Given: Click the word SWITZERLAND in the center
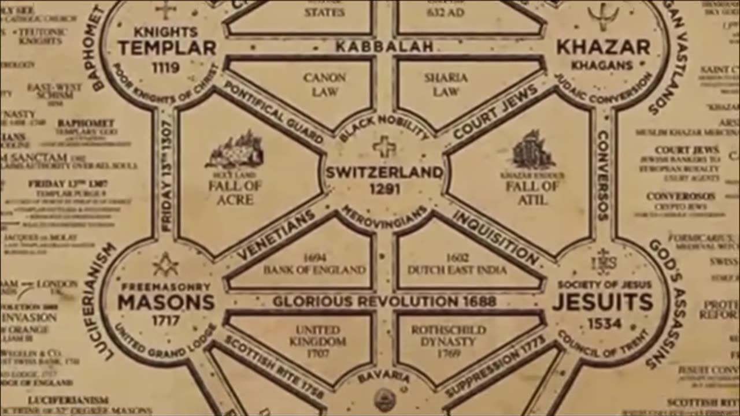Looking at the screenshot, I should coord(384,172).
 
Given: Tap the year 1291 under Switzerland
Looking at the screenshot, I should coord(384,189).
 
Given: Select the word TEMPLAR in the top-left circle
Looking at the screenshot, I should coord(166,48).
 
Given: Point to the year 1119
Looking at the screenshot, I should coord(166,68).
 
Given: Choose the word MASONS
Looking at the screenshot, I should coord(166,302).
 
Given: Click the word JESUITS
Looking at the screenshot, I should coord(603,302).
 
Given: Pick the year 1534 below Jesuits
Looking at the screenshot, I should coord(604,323).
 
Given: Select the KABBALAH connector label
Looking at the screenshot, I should coord(384,47).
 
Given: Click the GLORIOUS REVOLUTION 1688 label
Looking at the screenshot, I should coord(384,301).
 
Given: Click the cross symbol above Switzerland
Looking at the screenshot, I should coord(384,147).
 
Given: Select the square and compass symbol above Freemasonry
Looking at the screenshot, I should coord(165,264).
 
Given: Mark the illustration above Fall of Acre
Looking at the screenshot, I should coord(235,150).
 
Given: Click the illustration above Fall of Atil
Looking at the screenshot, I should coord(532,150).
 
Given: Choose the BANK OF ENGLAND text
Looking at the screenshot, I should coord(314,270).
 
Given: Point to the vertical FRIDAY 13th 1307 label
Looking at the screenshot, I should coord(166,176).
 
